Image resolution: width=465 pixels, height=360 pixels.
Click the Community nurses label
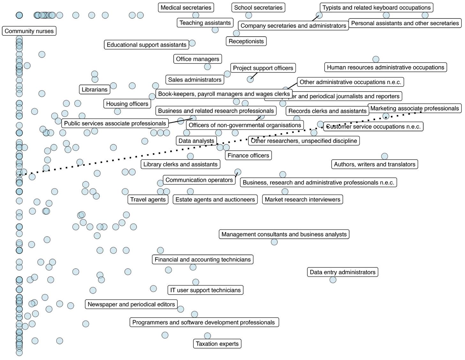click(x=29, y=31)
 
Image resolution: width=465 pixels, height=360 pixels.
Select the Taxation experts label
click(x=217, y=344)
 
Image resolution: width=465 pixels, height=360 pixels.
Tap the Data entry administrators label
click(x=342, y=272)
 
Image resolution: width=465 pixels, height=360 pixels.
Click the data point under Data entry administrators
click(x=333, y=280)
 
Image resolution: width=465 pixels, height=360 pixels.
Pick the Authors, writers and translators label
click(x=374, y=164)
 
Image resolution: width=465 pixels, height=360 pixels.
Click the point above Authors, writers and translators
click(x=385, y=156)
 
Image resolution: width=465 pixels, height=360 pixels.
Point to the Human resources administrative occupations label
click(x=385, y=67)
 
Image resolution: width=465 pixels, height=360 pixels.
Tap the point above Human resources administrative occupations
click(x=376, y=59)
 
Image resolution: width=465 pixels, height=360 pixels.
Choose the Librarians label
click(x=94, y=90)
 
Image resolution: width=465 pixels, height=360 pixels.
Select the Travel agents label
click(x=148, y=199)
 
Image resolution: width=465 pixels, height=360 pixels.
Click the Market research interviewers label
click(x=302, y=199)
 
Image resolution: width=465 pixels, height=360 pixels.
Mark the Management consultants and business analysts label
click(x=284, y=234)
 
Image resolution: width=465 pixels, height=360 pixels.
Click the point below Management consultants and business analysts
click(x=274, y=242)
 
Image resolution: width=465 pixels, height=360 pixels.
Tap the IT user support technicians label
click(x=205, y=290)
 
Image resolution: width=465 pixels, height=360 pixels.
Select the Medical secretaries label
click(x=186, y=8)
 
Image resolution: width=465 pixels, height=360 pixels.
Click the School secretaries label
click(x=258, y=8)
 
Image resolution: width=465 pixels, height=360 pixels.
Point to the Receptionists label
click(x=246, y=41)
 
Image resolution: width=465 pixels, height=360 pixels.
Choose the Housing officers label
click(x=127, y=104)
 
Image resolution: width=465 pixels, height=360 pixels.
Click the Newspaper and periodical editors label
click(x=131, y=304)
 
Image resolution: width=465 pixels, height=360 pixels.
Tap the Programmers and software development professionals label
click(x=204, y=322)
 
